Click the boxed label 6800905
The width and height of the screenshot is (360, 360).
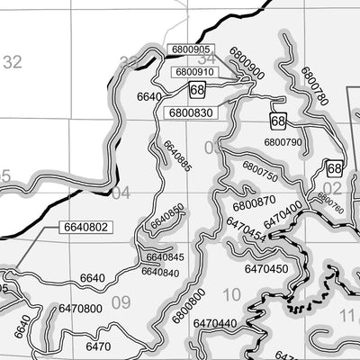pos(189,49)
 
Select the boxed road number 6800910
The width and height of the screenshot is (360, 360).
pos(194,71)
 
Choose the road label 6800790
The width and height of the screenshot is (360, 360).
pos(283,141)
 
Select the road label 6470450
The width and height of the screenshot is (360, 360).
pos(266,268)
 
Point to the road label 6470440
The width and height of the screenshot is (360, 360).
pos(214,322)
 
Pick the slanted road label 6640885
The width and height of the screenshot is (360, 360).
pos(177,153)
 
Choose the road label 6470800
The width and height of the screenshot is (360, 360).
pos(80,308)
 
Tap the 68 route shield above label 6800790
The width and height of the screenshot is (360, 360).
pos(278,120)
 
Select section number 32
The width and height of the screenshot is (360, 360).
pos(12,62)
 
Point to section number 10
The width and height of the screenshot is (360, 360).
pos(231,293)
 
